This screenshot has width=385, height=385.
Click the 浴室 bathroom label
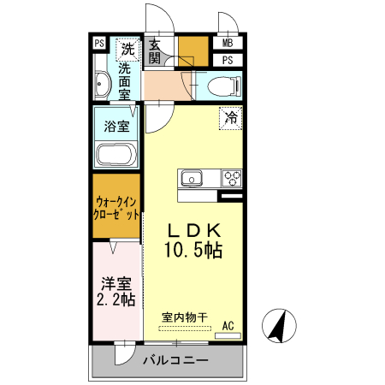click(116, 127)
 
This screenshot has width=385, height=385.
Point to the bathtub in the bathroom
click(115, 156)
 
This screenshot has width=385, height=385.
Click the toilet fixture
click(224, 86)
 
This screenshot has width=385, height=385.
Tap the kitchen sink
click(191, 178)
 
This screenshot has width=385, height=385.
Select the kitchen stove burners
click(231, 178)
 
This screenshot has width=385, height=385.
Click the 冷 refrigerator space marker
click(230, 118)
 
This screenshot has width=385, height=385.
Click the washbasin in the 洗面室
click(102, 84)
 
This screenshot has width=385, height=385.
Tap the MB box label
click(228, 43)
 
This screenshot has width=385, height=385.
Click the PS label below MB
click(228, 60)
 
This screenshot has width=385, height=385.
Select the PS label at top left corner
click(99, 44)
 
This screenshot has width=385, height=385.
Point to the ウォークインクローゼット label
click(116, 209)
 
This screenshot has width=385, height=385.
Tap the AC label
click(228, 325)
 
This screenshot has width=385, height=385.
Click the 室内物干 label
click(185, 317)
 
